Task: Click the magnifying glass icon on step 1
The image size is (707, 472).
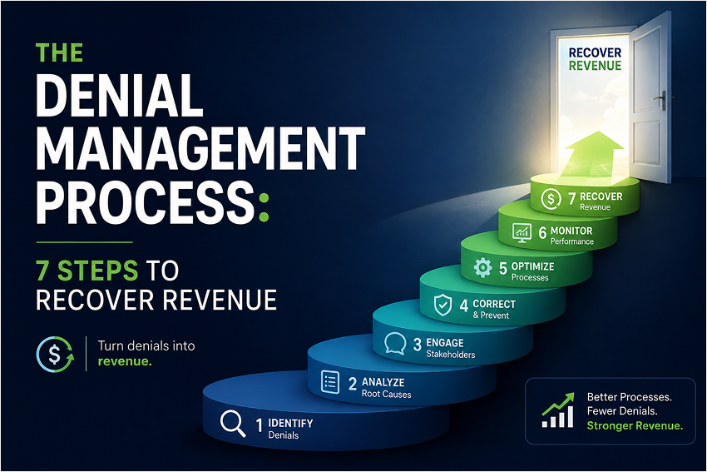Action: [233, 424]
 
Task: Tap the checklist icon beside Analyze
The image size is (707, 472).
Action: [329, 383]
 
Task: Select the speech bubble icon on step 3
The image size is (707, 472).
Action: [395, 344]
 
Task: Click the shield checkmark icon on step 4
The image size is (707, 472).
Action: [442, 305]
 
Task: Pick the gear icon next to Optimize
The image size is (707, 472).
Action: [482, 267]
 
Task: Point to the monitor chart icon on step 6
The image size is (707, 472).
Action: [522, 233]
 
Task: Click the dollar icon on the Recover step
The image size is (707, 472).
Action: [551, 199]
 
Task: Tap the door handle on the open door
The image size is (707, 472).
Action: [662, 100]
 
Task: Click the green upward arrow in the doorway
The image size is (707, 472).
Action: [592, 156]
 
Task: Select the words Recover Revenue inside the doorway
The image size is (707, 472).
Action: [595, 59]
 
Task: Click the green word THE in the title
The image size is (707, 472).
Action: [59, 52]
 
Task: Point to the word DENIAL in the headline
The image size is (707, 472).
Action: [120, 95]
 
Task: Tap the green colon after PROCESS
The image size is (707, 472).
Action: [265, 207]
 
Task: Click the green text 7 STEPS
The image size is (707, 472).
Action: [87, 271]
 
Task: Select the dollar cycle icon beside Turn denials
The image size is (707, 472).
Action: [55, 355]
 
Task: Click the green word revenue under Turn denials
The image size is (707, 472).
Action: [125, 361]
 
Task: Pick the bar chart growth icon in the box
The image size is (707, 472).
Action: [558, 410]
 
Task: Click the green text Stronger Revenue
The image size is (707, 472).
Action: [635, 425]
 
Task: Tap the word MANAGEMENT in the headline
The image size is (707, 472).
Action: [200, 148]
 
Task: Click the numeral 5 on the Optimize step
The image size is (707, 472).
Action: [502, 269]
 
